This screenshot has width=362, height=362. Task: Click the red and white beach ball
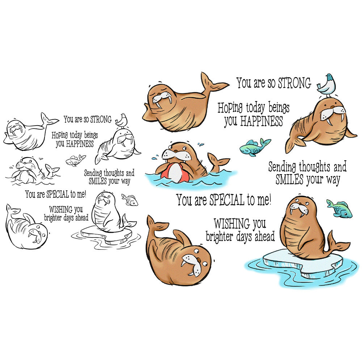click(175, 171)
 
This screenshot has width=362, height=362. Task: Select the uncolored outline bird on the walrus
click(122, 120)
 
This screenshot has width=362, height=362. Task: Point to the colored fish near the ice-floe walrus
click(339, 209)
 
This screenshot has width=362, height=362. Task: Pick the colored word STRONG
click(294, 83)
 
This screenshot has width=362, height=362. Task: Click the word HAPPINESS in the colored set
click(262, 121)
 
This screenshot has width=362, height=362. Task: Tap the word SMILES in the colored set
click(289, 179)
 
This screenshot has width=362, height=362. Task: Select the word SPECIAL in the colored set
click(227, 200)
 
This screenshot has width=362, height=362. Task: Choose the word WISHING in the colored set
click(232, 223)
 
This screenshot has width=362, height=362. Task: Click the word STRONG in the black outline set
click(101, 119)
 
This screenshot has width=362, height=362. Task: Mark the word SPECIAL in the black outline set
click(58, 194)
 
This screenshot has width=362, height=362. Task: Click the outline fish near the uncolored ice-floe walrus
click(130, 199)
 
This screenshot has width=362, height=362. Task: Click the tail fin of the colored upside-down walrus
click(157, 226)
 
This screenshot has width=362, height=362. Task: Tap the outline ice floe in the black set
click(106, 234)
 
